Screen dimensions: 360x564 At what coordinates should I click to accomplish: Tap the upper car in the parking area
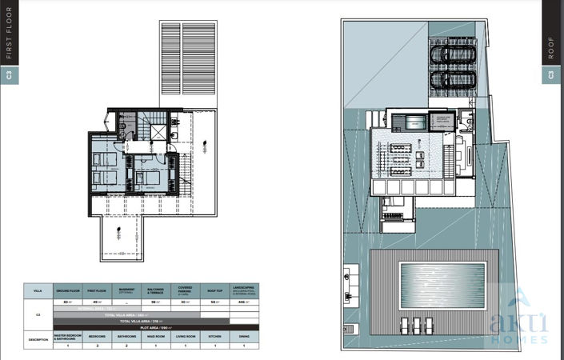453,54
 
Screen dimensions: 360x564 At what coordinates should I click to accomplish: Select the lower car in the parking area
453,80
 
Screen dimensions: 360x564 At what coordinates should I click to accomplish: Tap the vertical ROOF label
551,48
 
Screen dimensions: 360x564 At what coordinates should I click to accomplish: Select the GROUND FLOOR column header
66,290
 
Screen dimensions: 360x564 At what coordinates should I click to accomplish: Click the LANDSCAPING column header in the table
242,290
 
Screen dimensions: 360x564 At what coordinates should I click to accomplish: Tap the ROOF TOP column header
213,290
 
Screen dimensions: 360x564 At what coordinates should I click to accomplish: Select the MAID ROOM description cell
154,338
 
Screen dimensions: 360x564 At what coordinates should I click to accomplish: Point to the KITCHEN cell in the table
213,338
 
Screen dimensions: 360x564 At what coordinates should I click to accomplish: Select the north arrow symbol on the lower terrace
118,234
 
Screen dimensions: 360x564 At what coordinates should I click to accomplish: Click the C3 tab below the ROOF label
551,76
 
